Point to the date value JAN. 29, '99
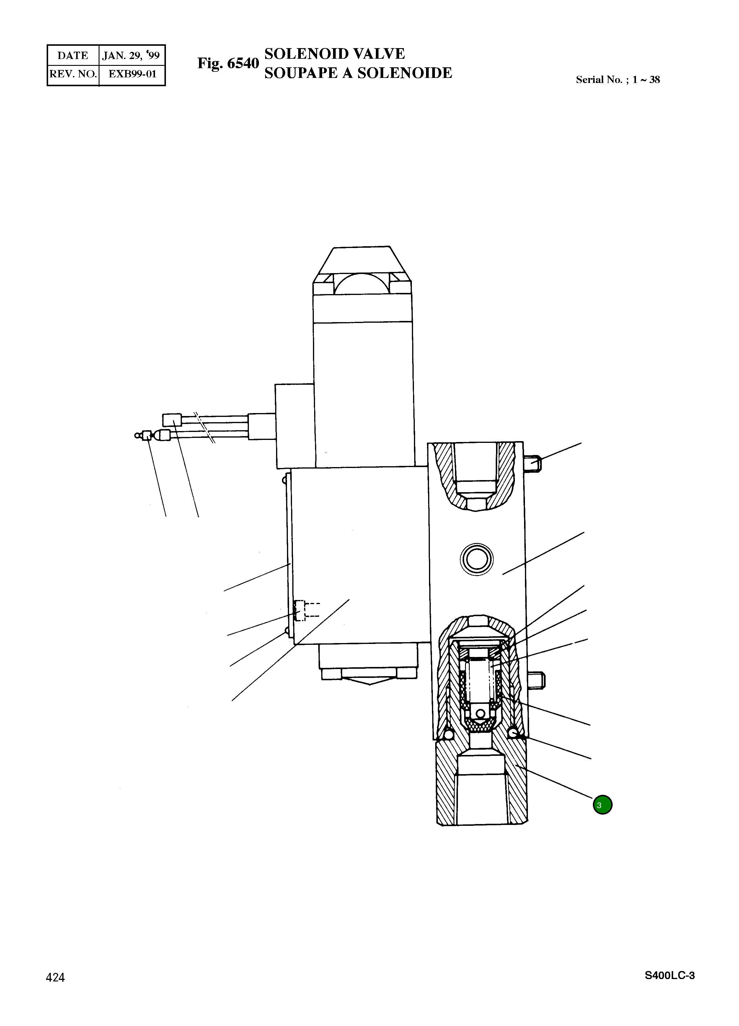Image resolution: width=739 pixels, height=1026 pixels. pos(131,56)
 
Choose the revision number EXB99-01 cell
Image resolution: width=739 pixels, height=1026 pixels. pos(133,74)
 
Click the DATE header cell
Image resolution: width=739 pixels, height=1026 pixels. pos(73,56)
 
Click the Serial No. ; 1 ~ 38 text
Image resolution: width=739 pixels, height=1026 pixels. pos(618,80)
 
